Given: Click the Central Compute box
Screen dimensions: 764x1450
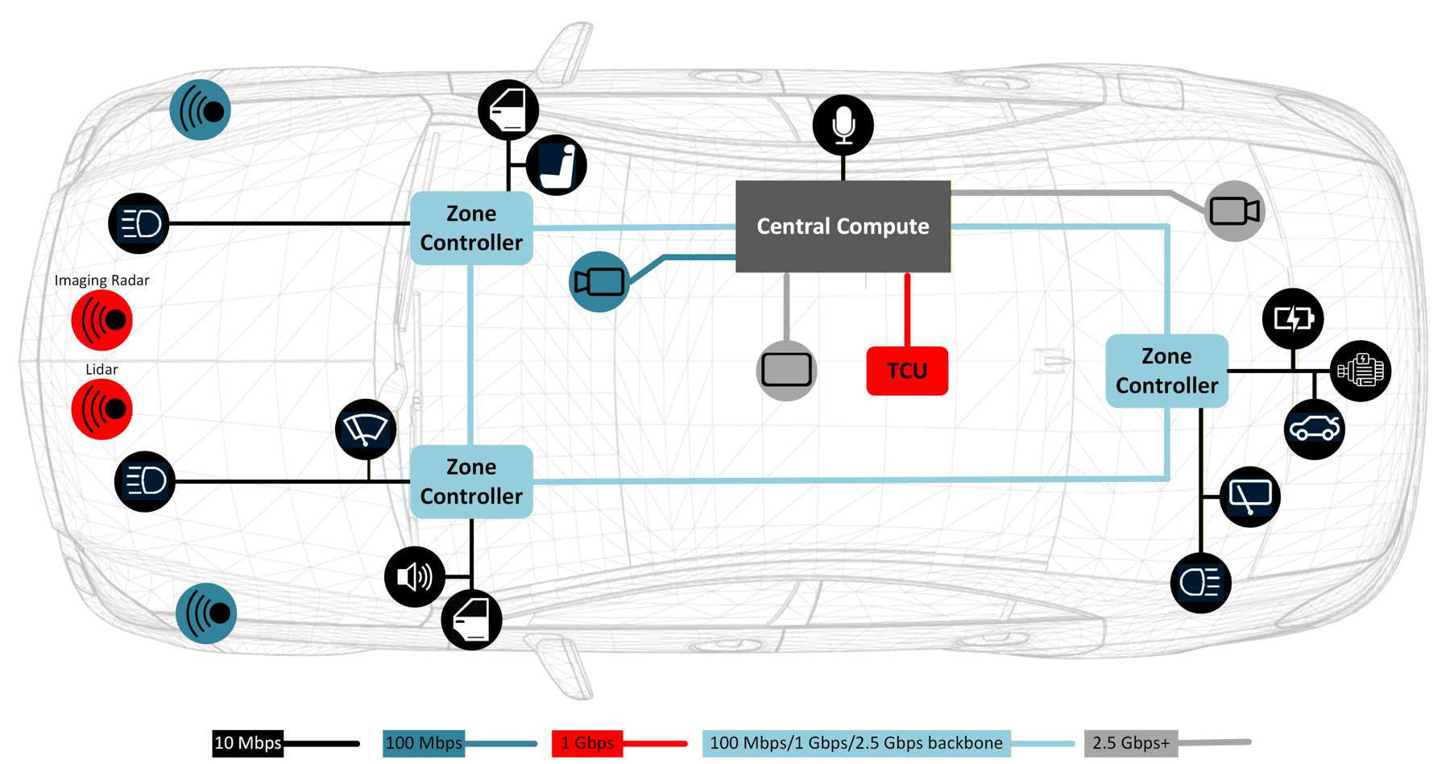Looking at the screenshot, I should point(843,226).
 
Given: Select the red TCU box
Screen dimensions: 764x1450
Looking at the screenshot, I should point(907,371).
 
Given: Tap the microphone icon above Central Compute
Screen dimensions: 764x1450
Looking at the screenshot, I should point(843,125).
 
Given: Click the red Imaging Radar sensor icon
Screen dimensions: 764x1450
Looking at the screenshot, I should point(101,320).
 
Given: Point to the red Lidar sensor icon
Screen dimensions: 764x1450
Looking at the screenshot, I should point(101,409).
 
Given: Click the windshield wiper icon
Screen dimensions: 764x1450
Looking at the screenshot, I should point(366,429).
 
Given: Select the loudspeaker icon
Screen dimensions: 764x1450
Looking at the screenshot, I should point(415,577).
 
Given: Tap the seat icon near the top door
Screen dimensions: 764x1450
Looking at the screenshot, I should point(557,165).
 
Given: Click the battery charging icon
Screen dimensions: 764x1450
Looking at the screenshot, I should point(1293,319).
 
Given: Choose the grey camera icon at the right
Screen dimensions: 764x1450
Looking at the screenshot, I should point(1234,211).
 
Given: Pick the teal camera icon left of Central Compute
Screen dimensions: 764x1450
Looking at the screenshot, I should point(599,282).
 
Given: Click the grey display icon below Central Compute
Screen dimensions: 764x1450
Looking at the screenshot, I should point(787,371).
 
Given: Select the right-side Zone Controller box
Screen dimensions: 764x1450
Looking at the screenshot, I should point(1166,371).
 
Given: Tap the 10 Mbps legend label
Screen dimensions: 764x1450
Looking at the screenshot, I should point(247,743).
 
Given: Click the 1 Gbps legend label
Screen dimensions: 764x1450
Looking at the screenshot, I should point(586,743).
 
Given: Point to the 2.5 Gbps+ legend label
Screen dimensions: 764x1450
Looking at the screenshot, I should point(1130,743).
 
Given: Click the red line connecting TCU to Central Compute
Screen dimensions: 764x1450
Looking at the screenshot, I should point(907,310).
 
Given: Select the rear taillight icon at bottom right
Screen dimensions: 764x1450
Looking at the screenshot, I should point(1200,583).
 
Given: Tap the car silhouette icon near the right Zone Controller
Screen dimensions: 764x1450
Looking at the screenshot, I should point(1314,430).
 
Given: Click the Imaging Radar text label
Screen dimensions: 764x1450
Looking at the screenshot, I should point(101,280).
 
